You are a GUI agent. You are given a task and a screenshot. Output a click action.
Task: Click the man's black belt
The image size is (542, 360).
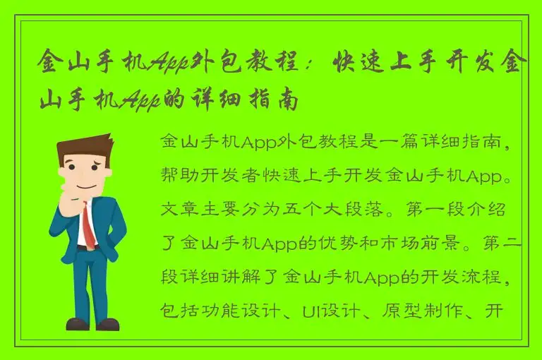pos(87,248)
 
